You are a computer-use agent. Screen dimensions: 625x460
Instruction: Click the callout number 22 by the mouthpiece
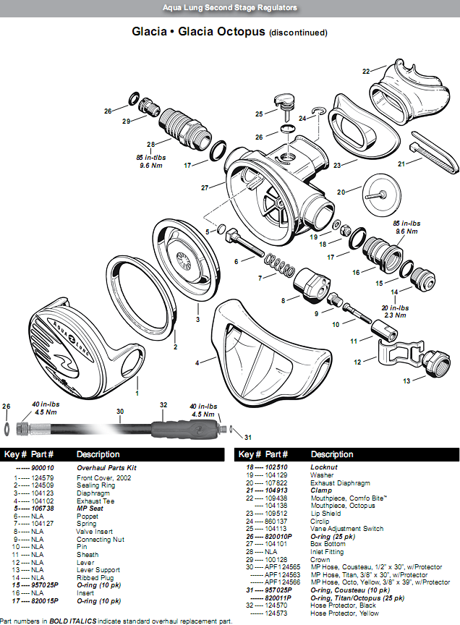click(366, 71)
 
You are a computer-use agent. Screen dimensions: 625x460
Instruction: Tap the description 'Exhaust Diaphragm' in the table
click(341, 482)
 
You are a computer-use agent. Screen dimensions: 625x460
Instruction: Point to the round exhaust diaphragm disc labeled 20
click(374, 194)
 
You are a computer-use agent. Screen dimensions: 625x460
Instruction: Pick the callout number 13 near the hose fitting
click(406, 380)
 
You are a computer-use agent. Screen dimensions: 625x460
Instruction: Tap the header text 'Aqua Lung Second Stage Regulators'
click(229, 8)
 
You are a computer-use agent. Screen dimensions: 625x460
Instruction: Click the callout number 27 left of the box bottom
click(205, 188)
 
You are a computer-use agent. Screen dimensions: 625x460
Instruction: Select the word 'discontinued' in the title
click(298, 33)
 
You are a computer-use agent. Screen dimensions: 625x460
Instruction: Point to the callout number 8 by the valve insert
click(284, 298)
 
